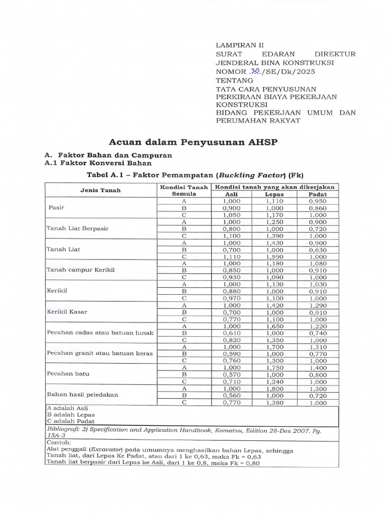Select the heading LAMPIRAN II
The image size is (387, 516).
click(x=236, y=45)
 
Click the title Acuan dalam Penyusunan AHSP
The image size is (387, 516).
click(x=193, y=142)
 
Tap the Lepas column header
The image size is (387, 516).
click(x=275, y=194)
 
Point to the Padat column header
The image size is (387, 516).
click(x=318, y=194)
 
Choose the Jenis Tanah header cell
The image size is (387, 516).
click(x=100, y=190)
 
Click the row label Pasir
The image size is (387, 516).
click(x=56, y=208)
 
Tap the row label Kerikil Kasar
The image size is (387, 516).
click(x=67, y=312)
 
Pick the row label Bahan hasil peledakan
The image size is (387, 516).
click(x=82, y=395)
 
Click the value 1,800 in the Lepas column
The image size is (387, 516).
click(x=275, y=389)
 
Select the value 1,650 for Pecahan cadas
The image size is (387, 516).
click(x=275, y=326)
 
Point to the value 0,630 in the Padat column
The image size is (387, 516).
click(x=318, y=249)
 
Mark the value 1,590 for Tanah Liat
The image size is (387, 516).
click(x=275, y=256)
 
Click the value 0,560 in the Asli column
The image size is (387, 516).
click(x=231, y=396)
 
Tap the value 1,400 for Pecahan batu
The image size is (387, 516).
click(x=318, y=368)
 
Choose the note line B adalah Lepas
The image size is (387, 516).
click(x=67, y=415)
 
